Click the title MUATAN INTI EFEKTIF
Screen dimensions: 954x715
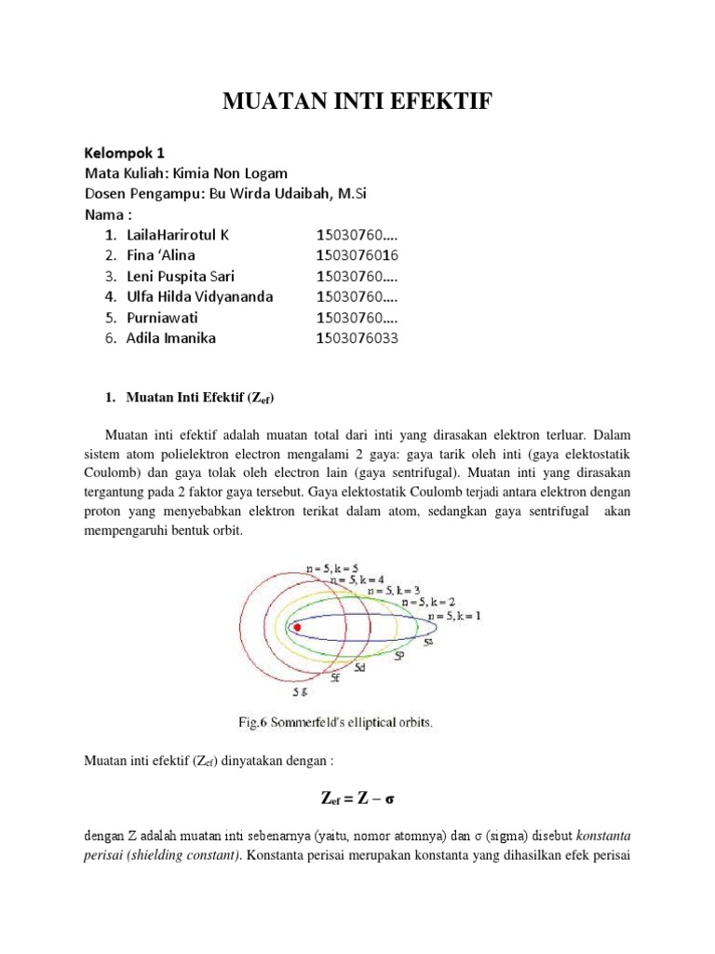[x=357, y=102]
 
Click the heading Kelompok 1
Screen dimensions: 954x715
[x=125, y=153]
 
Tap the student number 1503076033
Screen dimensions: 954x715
[x=357, y=338]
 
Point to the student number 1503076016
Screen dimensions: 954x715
[x=357, y=255]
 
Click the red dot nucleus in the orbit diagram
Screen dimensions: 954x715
[x=297, y=628]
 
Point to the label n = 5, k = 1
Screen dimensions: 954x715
[x=455, y=617]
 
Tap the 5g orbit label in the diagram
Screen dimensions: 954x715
[x=299, y=692]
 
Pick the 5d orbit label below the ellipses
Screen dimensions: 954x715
[x=358, y=668]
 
